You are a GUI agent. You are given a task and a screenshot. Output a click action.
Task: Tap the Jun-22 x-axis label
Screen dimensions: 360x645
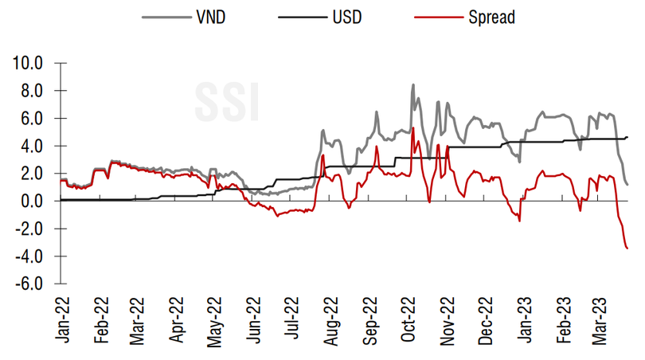click(x=254, y=321)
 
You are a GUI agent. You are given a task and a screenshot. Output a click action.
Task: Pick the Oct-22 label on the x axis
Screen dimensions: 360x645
click(x=408, y=321)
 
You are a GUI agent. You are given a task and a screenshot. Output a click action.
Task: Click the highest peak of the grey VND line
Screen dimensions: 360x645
click(x=412, y=84)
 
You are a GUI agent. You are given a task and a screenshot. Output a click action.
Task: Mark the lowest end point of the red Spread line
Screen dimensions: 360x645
click(x=627, y=248)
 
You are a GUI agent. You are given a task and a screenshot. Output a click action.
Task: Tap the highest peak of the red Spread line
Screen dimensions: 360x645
click(x=412, y=127)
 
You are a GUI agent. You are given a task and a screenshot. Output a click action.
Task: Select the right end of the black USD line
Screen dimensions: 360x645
click(x=627, y=138)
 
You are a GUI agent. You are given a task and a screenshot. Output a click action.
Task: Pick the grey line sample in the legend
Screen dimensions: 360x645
click(x=162, y=15)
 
